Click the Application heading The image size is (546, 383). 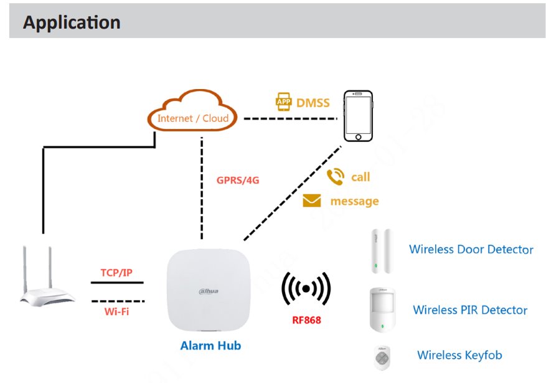72,22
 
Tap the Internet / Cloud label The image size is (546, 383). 193,118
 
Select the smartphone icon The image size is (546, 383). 359,116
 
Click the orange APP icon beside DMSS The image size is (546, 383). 284,102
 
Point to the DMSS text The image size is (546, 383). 313,102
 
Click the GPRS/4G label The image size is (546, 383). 237,181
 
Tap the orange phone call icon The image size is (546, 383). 336,177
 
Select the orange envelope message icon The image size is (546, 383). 311,201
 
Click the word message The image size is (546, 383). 354,201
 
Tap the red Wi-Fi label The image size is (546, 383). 116,311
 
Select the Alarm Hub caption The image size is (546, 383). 210,345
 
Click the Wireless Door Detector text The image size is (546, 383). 471,249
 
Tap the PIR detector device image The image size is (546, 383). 382,309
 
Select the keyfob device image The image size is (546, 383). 381,357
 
